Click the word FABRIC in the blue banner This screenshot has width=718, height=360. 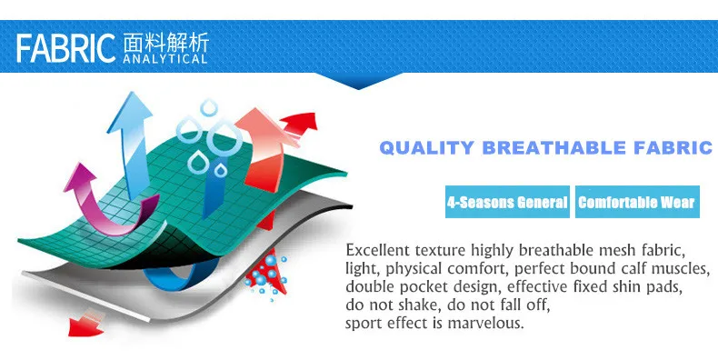[x=65, y=48]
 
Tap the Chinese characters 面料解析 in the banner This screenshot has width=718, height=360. [x=165, y=43]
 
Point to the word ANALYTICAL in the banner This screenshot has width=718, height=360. [x=165, y=59]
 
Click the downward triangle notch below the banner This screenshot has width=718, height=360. [x=358, y=81]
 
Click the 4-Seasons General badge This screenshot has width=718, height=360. [x=507, y=202]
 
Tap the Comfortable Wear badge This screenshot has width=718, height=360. [x=637, y=202]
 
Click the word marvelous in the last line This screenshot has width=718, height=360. [x=485, y=323]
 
